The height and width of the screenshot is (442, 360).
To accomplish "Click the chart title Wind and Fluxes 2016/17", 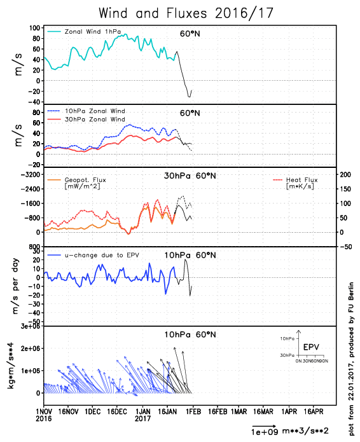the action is [x=186, y=13].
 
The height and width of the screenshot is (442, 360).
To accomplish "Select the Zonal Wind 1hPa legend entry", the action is [x=84, y=32].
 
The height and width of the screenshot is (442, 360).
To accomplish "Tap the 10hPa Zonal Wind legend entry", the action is [x=86, y=111].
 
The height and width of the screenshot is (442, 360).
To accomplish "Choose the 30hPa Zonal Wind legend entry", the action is [x=86, y=120].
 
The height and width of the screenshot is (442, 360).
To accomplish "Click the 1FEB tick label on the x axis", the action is [x=193, y=412].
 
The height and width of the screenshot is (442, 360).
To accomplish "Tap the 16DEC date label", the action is [x=117, y=412].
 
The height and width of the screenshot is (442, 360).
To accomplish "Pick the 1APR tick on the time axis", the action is [x=289, y=412].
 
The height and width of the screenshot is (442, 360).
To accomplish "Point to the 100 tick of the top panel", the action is [x=35, y=28].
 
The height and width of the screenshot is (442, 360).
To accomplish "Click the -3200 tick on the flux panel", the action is [x=31, y=174].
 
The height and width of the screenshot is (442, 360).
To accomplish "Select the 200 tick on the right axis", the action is [x=345, y=174].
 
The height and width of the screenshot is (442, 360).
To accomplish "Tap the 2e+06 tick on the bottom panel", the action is [x=31, y=349].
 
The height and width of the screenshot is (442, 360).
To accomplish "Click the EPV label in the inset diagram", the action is [x=311, y=347].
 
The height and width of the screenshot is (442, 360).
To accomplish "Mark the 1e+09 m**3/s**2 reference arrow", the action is [x=264, y=426].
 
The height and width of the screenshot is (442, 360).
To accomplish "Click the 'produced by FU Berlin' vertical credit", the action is [x=351, y=319].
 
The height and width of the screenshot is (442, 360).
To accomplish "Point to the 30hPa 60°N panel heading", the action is [x=190, y=176].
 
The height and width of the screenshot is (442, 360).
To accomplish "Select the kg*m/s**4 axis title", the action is [x=10, y=366].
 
